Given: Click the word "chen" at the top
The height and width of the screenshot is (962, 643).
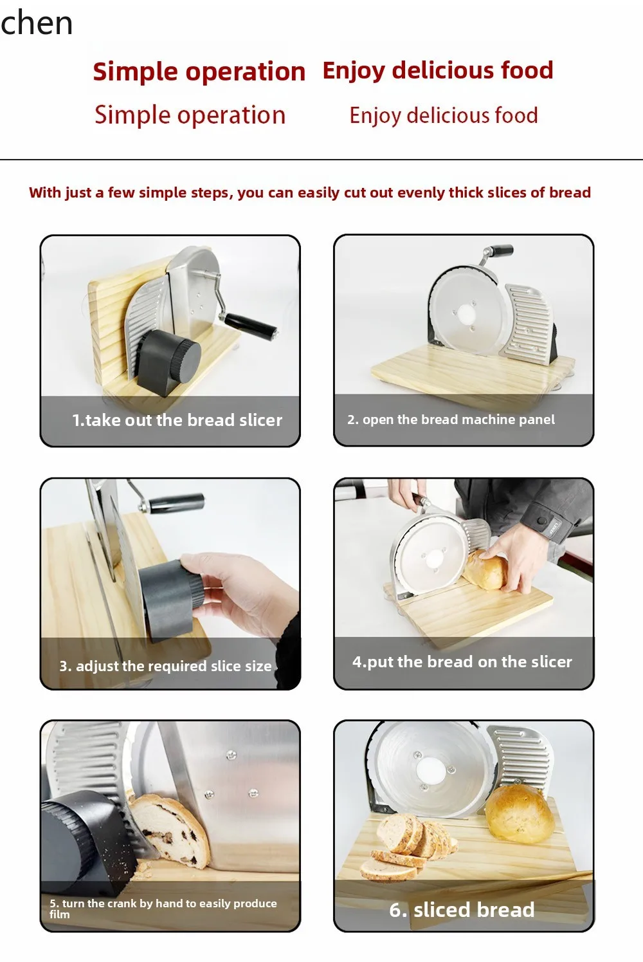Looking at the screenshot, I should (37, 23).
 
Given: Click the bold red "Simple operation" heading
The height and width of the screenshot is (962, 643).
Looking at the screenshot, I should (199, 71).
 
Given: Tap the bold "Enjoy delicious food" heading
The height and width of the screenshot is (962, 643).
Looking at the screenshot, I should (438, 70).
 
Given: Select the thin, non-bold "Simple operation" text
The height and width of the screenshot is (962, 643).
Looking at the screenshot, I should (190, 115).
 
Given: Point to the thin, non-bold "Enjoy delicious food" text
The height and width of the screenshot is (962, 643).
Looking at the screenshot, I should (444, 116).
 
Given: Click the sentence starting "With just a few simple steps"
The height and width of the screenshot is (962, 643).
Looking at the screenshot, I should (310, 192).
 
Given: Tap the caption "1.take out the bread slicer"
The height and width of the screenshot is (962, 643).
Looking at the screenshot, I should (177, 420).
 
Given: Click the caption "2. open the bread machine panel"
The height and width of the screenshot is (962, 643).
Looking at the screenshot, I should (451, 420).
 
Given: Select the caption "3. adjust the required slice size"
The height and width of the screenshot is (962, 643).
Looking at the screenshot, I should (165, 666).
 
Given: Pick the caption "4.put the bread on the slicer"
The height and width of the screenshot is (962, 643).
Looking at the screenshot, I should (462, 661).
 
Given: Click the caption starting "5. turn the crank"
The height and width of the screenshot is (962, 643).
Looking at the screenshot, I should (163, 907).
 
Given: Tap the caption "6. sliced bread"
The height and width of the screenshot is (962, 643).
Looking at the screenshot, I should (462, 909).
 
